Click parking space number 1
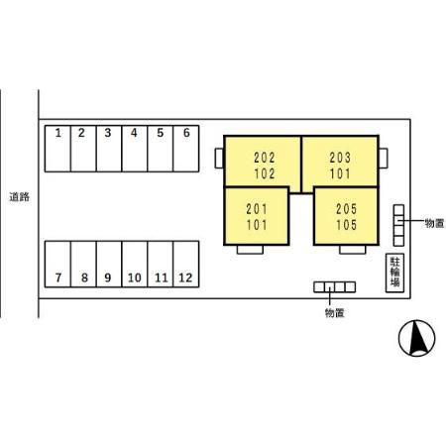pos(57,149)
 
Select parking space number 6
pos(186,149)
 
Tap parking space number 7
pos(57,264)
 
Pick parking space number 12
pos(186,264)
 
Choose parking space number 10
pos(135,264)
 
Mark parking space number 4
pos(135,149)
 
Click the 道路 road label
pos(20,197)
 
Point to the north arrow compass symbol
pos(417,338)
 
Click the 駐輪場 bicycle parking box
pos(395,273)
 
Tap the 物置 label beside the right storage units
pos(434,223)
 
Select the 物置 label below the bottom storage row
pos(335,312)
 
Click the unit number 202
pos(265,158)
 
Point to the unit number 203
pos(340,158)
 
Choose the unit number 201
pos(257,209)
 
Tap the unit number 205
pos(347,209)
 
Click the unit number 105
pos(347,225)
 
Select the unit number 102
pos(265,173)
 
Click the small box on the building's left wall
pos(219,159)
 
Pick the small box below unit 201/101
pos(250,250)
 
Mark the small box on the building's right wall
pos(384,159)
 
